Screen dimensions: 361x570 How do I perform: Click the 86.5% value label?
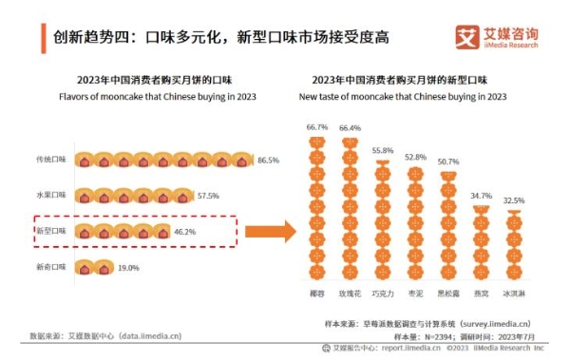coord(268,161)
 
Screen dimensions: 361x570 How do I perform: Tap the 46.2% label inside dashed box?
coord(182,231)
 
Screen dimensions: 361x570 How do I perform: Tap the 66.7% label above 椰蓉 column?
coord(316,127)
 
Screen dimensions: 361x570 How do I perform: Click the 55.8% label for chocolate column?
coord(382,151)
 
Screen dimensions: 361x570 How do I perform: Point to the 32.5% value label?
coord(512,200)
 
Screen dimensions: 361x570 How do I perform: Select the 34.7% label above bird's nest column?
coord(481,196)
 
